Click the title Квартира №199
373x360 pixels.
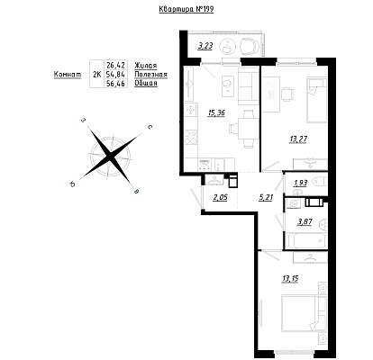186,9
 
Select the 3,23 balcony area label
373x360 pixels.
205,46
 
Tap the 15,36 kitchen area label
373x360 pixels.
216,112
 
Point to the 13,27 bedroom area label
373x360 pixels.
298,139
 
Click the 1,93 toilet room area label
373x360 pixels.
301,183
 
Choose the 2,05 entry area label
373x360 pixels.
220,197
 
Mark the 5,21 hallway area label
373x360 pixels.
266,197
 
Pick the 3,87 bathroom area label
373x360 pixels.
305,222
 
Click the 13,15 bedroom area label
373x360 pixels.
290,279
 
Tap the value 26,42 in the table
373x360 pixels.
115,65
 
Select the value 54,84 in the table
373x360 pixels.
115,74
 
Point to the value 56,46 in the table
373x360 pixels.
115,83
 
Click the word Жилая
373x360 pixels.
146,66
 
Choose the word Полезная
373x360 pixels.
150,75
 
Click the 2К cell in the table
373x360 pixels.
96,75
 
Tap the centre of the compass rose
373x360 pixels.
111,156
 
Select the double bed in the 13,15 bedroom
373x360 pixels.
304,313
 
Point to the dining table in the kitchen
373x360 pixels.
249,129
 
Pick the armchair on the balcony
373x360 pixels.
250,46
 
